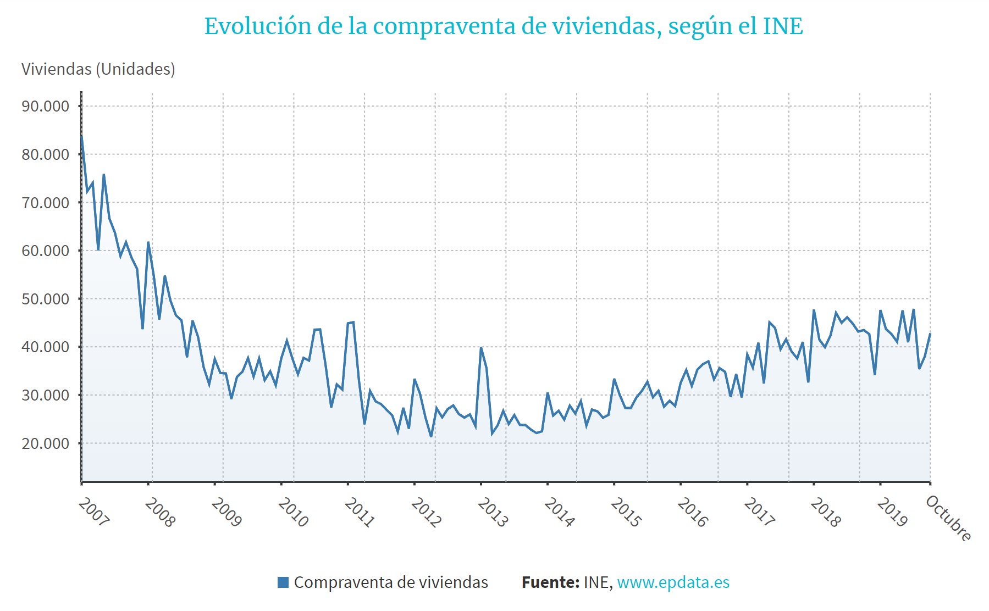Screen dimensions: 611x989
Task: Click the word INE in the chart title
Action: point(783,26)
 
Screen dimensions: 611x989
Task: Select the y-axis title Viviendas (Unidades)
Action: point(98,69)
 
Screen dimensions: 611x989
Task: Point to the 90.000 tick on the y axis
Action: point(46,106)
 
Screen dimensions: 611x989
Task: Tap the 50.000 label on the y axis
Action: point(46,299)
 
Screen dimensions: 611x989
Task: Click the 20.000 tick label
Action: point(46,443)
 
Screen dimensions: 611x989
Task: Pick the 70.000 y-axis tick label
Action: point(46,203)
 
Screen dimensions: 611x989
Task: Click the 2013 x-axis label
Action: point(493,512)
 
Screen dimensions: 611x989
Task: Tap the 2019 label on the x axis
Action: point(892,512)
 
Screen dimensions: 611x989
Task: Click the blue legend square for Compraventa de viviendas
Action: point(283,582)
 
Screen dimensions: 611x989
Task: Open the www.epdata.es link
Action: point(673,582)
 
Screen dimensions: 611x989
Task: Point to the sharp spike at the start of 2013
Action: point(481,348)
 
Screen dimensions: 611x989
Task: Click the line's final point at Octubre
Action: point(930,334)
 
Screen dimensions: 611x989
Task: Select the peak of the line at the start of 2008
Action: point(148,242)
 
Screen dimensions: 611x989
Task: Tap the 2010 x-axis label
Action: point(293,512)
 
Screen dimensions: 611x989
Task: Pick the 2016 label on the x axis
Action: point(692,512)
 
